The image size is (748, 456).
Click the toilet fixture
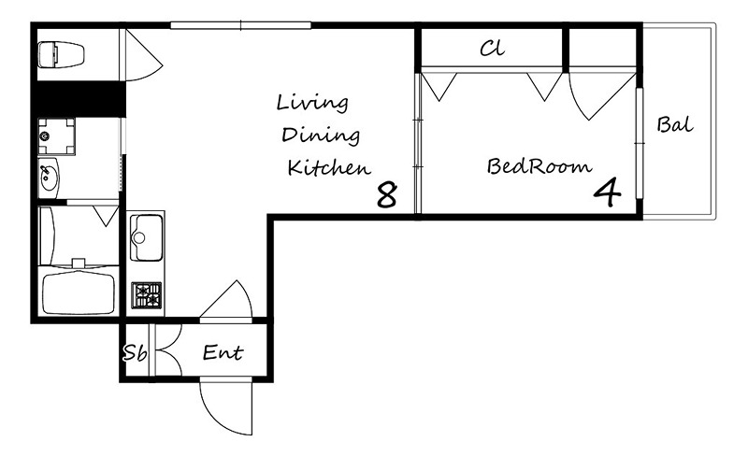61,54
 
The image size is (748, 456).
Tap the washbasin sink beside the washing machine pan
49,178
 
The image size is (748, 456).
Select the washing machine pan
56,136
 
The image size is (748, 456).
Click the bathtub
79,292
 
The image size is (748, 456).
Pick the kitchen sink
146,237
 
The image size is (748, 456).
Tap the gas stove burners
147,295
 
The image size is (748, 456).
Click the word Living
312,103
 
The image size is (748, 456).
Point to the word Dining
321,135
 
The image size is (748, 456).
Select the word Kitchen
329,167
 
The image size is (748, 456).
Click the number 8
386,194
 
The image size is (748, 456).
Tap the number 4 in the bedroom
607,192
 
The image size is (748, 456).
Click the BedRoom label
539,166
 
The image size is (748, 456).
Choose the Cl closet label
492,48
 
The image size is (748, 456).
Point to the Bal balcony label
675,124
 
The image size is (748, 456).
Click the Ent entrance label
223,352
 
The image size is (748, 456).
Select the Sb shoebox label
135,353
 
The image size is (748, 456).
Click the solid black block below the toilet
79,99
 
